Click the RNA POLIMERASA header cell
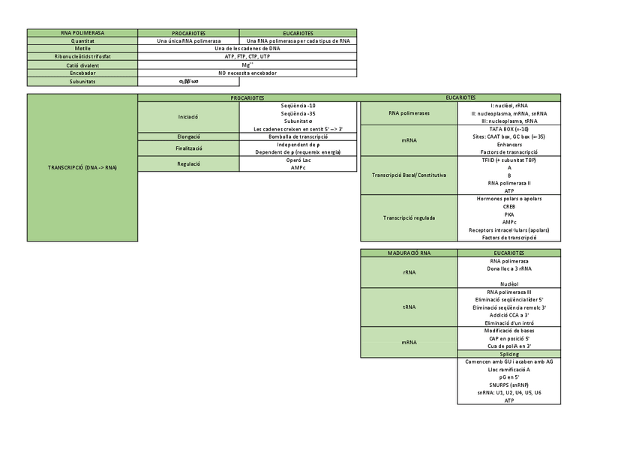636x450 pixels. click(x=82, y=33)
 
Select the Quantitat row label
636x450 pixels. click(x=82, y=41)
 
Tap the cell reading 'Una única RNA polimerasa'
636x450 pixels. click(x=189, y=41)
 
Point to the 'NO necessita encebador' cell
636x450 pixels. click(x=247, y=73)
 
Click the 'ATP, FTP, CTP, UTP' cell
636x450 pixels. click(x=247, y=57)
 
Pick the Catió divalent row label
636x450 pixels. click(x=82, y=65)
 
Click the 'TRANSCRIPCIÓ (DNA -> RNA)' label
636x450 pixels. click(x=82, y=167)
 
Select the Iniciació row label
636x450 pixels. click(x=188, y=117)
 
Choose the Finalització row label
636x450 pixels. click(x=188, y=148)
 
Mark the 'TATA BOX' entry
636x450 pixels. click(x=509, y=129)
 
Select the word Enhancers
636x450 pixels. click(x=509, y=144)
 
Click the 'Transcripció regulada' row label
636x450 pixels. click(x=409, y=218)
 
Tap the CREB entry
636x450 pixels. click(x=509, y=206)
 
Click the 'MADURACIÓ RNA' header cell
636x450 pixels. click(x=409, y=253)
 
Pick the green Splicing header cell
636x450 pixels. click(x=509, y=353)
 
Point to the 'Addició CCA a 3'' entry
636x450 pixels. click(x=509, y=315)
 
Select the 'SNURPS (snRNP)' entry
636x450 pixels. click(x=509, y=385)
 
